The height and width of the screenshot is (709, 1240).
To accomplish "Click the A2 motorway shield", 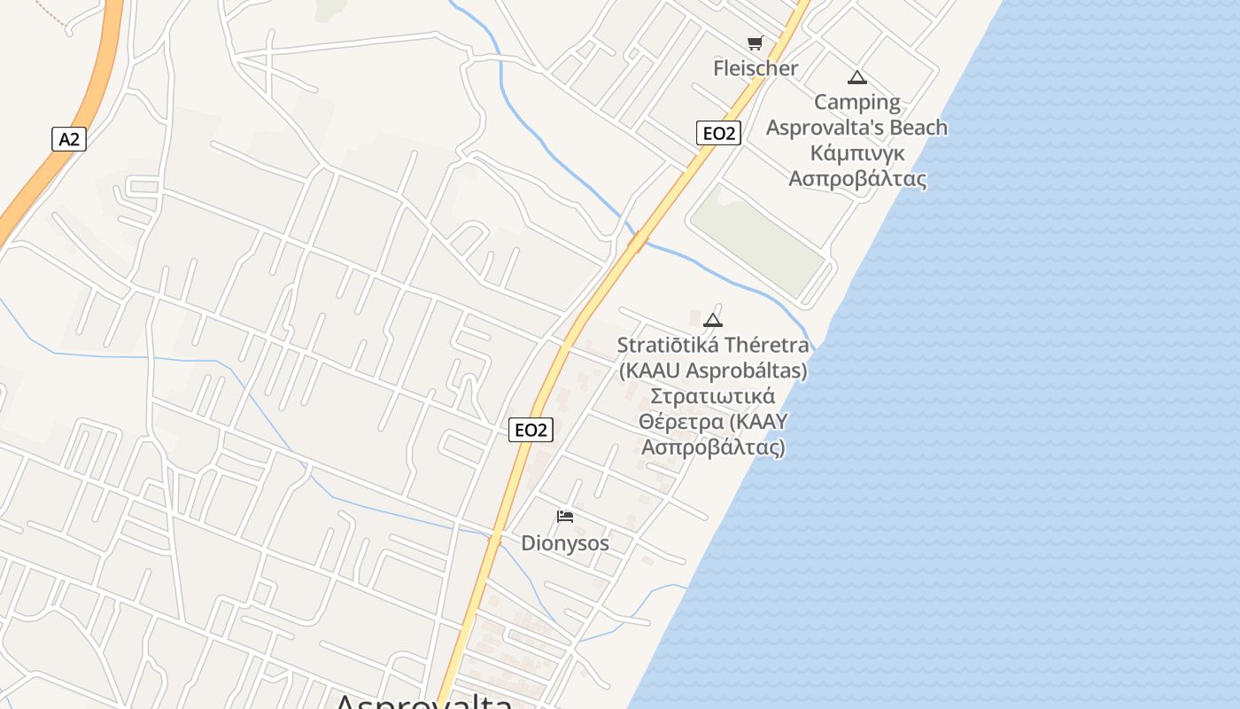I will [68, 139].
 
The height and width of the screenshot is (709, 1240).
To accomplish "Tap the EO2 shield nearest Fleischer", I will [717, 134].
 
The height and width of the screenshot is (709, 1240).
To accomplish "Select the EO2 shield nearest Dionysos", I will [531, 431].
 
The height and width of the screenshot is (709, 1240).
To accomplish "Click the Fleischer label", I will [756, 68].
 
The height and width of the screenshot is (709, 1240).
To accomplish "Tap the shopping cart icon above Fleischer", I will [755, 43].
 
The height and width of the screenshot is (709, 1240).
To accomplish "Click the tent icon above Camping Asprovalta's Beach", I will [856, 77].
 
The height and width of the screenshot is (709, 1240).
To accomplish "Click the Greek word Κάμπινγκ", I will [857, 153].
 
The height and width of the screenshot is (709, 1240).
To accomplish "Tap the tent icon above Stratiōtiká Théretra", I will [712, 320].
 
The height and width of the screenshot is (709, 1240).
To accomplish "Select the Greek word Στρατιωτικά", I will [713, 395].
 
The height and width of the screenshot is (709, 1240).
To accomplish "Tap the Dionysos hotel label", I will [565, 543].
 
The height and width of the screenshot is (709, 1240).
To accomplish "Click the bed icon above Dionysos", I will [564, 517].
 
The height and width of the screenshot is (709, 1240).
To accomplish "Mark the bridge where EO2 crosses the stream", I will [638, 240].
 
